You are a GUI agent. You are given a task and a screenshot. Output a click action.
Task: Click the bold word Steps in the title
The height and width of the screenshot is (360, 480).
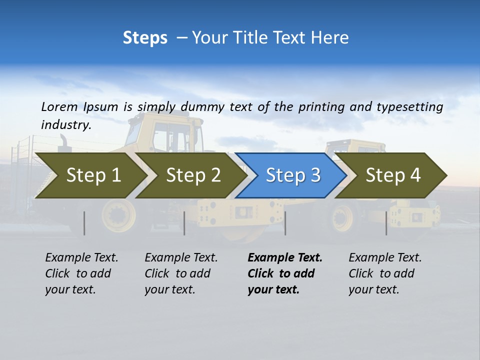pyautogui.click(x=145, y=38)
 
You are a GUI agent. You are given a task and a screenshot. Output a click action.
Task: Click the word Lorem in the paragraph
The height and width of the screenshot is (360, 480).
pyautogui.click(x=59, y=106)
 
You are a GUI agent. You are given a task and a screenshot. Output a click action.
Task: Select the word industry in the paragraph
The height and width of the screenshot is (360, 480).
pyautogui.click(x=66, y=124)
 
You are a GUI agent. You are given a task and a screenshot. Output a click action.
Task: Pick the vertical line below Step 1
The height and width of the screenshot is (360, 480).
pyautogui.click(x=84, y=223)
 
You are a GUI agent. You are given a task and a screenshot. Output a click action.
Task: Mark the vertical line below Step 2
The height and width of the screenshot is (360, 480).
pyautogui.click(x=184, y=223)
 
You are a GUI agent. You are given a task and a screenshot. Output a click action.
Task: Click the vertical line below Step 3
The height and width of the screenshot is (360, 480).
pyautogui.click(x=285, y=223)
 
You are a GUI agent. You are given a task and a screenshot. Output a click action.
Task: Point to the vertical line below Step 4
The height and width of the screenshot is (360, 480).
pyautogui.click(x=386, y=223)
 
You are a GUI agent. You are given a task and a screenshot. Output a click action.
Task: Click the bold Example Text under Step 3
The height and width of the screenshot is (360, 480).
pyautogui.click(x=285, y=258)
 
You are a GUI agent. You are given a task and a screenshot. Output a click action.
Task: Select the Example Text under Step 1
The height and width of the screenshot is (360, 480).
pyautogui.click(x=81, y=258)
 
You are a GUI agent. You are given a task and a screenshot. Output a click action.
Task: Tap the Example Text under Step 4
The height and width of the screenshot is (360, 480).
pyautogui.click(x=385, y=258)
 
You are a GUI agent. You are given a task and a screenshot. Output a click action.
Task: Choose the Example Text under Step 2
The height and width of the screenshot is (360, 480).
pyautogui.click(x=181, y=258)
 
